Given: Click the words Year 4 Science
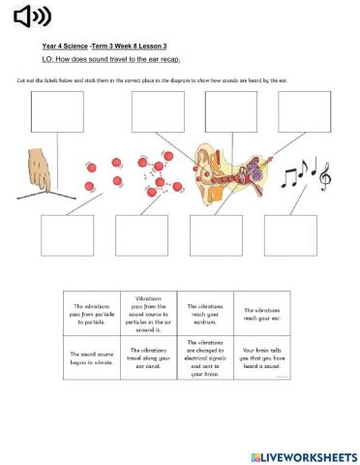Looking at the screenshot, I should [64, 46].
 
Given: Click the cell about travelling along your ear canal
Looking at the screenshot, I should [149, 357].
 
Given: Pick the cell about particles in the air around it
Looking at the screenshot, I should [149, 312].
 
